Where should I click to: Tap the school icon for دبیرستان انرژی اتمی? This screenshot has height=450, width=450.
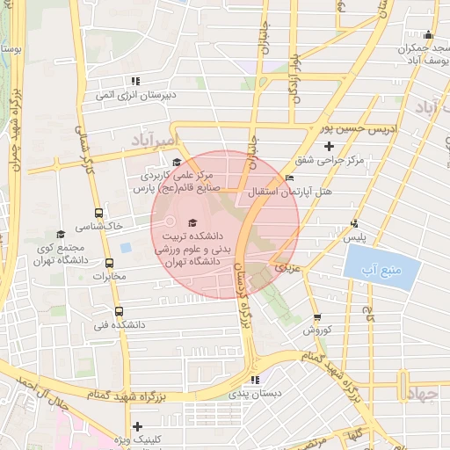coord(136,82)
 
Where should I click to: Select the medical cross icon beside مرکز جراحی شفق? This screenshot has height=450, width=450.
coord(330,146)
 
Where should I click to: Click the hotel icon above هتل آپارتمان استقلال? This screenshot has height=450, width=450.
coord(289,178)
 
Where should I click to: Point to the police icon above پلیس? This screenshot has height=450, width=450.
coord(354,223)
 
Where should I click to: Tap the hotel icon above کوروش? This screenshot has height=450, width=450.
coord(316,317)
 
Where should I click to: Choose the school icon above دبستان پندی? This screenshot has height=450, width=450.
coord(255,380)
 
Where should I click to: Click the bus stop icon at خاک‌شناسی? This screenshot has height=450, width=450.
coord(98,213)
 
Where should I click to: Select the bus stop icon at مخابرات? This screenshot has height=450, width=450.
coord(110,263)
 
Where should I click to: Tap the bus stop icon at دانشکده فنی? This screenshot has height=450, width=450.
coord(119,310)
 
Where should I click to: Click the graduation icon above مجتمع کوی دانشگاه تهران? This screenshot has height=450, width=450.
coord(61,234)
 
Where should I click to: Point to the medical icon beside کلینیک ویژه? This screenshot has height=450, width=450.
coord(137,426)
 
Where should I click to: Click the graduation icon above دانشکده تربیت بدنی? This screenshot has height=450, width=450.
coord(192,221)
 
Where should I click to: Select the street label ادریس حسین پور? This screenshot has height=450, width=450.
coord(374,128)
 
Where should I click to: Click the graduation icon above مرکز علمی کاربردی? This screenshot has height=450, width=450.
coord(177,162)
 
